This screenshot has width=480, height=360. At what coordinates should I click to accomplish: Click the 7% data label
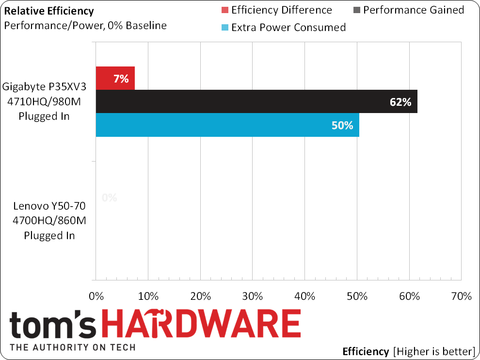point(121,79)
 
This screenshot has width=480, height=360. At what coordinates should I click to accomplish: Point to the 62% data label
point(400,102)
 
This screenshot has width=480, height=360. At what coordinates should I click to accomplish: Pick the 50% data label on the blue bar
point(342,125)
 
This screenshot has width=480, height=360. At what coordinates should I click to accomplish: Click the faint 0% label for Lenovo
point(110,198)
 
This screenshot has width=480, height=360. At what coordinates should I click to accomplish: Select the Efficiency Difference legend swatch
point(225,10)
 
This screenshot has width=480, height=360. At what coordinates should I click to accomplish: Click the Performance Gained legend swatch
point(357,10)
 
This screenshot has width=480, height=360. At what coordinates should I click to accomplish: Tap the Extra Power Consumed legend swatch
point(225,28)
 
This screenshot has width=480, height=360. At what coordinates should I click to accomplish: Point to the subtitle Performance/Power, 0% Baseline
point(85,26)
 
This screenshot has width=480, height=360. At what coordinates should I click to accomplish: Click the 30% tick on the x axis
point(253,296)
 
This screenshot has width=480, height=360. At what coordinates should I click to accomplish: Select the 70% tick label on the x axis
point(461,296)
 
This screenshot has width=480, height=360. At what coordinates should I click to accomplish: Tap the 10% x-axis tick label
point(148,296)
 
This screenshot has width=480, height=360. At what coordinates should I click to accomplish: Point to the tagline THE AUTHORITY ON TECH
point(73,347)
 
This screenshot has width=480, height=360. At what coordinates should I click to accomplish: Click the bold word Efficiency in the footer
point(366,351)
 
